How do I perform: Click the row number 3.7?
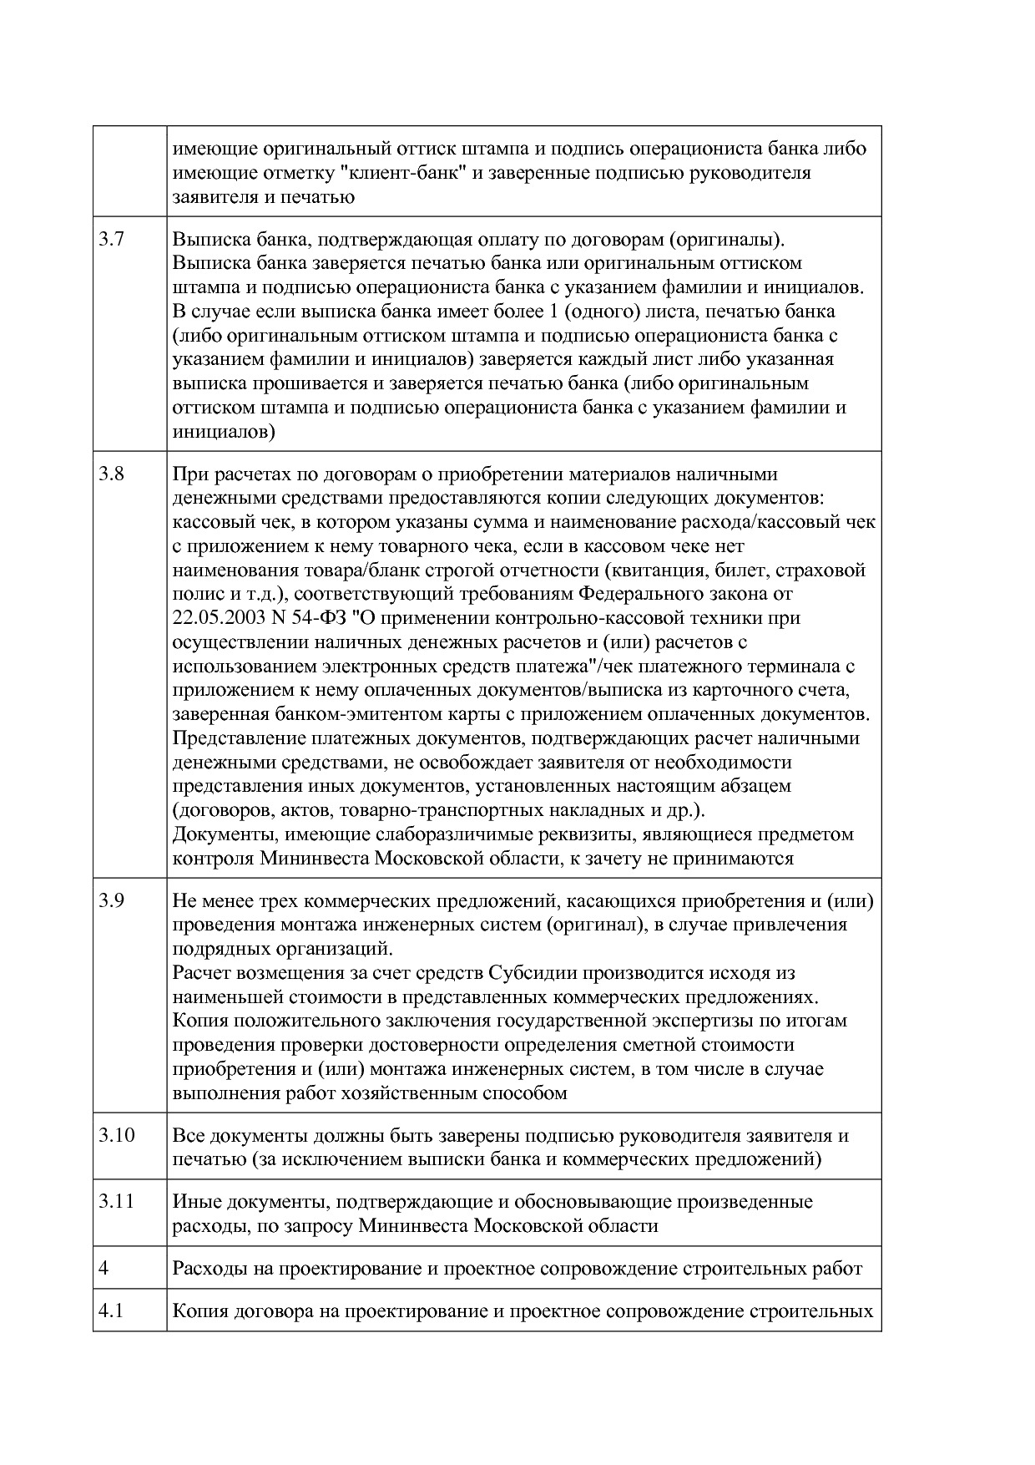click(x=111, y=240)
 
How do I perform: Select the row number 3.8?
click(x=111, y=474)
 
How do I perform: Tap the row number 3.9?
click(x=111, y=901)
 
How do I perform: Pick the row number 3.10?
click(x=116, y=1136)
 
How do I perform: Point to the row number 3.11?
click(x=116, y=1202)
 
